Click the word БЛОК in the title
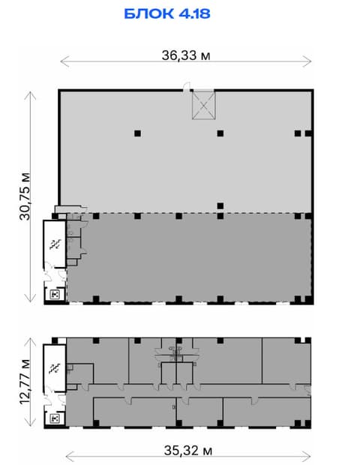pos(148,14)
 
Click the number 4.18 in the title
pos(194,14)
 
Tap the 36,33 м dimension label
pos(186,55)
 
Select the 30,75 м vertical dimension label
pos(25,196)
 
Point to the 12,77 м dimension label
pos(25,381)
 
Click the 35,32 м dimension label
pos(188,451)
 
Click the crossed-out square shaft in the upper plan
pos(204,106)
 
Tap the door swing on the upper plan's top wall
pos(187,87)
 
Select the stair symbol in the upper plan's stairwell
pos(55,244)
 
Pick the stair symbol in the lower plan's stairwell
pos(55,368)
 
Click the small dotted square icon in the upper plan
pos(55,295)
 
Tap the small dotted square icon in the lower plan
pos(55,418)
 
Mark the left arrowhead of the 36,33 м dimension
pos(61,61)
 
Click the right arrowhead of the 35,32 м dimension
pos(310,457)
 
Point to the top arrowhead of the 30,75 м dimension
pos(30,93)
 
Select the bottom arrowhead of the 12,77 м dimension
pos(30,425)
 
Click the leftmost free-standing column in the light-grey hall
pos(137,133)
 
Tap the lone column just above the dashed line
pos(220,205)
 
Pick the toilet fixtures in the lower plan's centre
pos(175,352)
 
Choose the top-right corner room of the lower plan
pos(286,360)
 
